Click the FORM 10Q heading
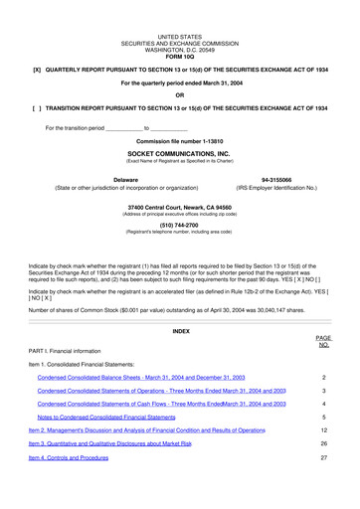179,52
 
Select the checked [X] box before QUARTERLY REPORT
37,71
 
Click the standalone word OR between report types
179,94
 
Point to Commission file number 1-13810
179,143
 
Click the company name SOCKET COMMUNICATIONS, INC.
179,155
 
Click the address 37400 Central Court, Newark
179,208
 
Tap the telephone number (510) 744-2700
179,225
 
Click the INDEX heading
180,330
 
